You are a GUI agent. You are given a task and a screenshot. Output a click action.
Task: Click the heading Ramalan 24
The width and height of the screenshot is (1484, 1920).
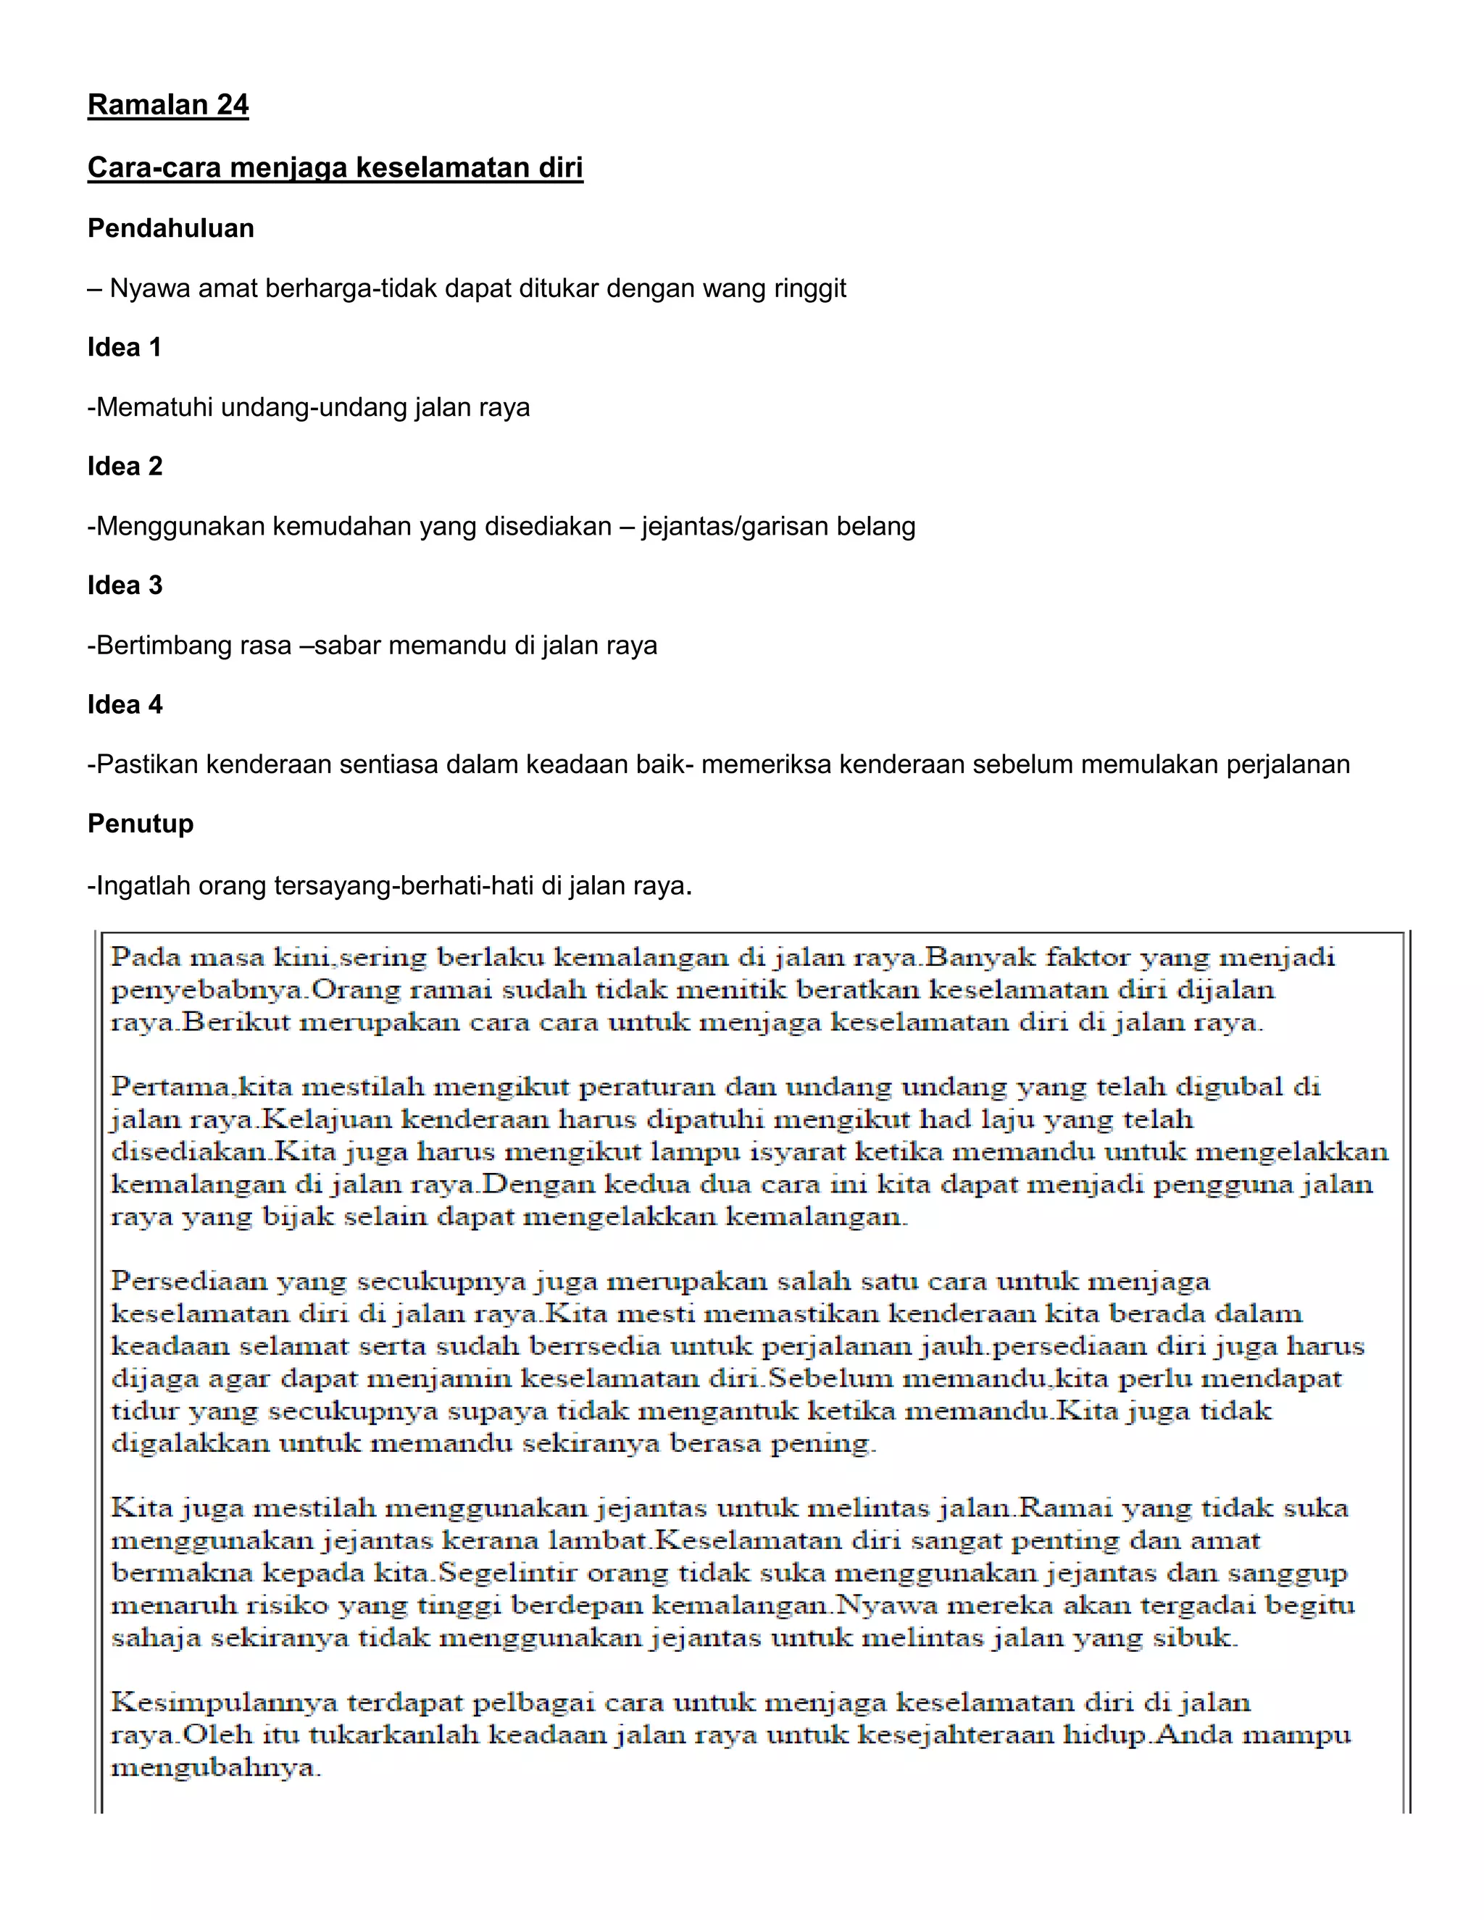click(x=168, y=106)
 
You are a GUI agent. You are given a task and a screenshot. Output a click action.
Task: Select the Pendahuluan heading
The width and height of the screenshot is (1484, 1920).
click(x=170, y=228)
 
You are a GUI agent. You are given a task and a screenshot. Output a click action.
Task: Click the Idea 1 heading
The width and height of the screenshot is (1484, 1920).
click(x=125, y=347)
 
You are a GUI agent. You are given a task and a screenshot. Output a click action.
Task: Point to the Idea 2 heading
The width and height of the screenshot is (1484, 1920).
click(x=125, y=466)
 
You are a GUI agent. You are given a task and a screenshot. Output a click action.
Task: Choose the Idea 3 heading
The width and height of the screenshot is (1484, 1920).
click(x=125, y=585)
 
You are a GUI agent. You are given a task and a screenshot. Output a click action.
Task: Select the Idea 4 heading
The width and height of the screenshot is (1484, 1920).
click(x=125, y=704)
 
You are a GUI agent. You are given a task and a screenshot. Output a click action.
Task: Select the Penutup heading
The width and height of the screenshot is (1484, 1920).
click(x=141, y=824)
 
